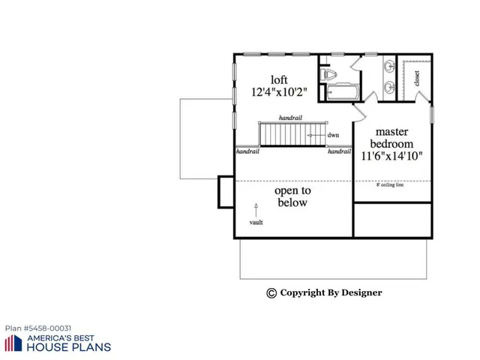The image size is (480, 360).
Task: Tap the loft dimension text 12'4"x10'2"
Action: coord(278,95)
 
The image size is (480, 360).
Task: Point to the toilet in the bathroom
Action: coord(328,74)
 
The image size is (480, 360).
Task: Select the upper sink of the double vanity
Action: coord(388,68)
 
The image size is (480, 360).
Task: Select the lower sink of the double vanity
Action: coord(388,88)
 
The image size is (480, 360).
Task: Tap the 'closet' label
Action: coord(417,78)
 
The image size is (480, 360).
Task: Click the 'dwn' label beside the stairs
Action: coord(333,135)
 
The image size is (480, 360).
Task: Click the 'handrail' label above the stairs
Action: coord(290,118)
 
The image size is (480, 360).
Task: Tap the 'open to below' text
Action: coord(292,196)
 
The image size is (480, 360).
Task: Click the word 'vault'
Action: coord(256,223)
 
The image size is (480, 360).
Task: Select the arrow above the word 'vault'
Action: coord(256,208)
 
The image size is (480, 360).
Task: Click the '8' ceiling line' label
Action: coord(389,184)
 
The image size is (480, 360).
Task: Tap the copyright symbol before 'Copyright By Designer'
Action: coord(271,293)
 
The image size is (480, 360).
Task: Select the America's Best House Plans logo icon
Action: coord(13,343)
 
